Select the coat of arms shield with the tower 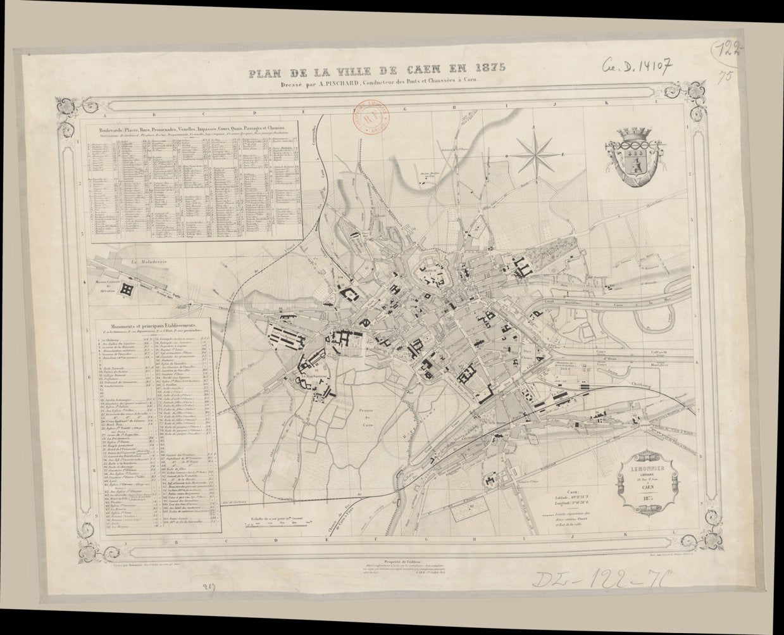pyautogui.click(x=633, y=161)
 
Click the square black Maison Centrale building pyautogui.click(x=128, y=289)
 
